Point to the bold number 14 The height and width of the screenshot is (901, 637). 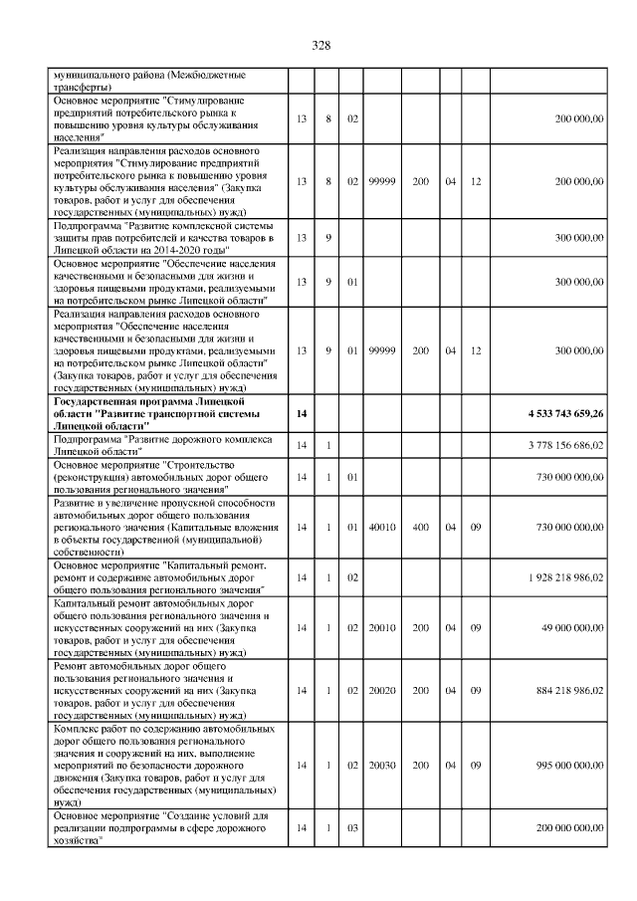[302, 411]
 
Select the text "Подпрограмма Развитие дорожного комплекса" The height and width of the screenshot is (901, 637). [160, 438]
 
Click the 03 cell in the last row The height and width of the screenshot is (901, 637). [351, 828]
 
